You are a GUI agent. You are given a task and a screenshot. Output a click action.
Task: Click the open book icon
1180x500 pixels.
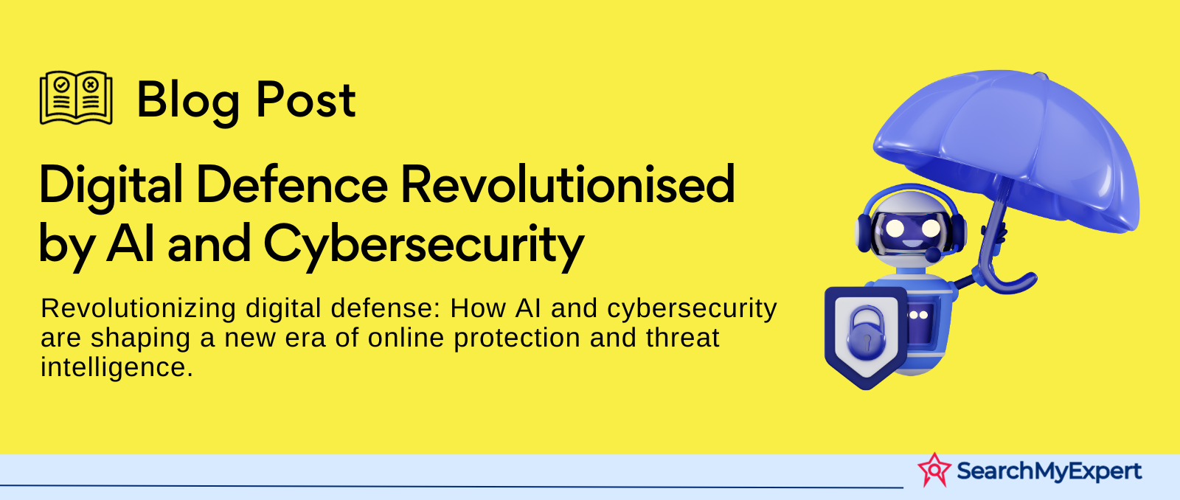pos(76,97)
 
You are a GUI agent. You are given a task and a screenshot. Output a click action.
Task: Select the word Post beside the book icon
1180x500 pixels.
pos(305,100)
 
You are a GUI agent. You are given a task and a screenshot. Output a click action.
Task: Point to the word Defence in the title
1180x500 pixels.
pos(292,184)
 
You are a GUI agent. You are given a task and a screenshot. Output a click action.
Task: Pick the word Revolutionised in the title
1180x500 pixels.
pos(568,184)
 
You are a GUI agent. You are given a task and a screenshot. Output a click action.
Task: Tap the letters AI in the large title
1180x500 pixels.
pos(131,243)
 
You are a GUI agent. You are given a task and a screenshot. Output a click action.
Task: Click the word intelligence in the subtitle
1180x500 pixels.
pos(117,368)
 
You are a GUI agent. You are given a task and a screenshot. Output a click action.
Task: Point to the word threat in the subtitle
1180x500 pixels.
pos(682,338)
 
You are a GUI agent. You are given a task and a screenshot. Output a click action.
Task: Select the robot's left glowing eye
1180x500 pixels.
pos(895,228)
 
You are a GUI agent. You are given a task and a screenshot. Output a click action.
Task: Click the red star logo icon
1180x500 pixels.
pos(934,470)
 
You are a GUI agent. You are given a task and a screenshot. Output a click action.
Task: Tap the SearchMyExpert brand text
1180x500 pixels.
pos(1049,471)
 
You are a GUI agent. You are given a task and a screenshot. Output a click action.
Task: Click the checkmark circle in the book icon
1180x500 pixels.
pos(62,84)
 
